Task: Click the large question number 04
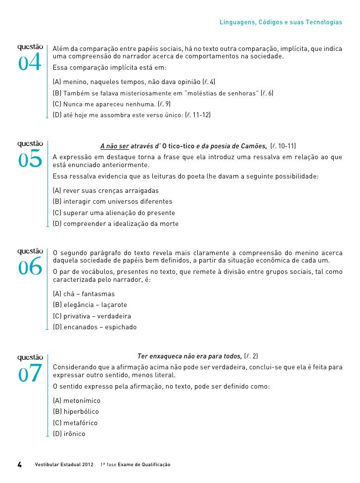pyautogui.click(x=30, y=63)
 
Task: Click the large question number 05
pyautogui.click(x=30, y=160)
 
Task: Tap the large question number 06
pyautogui.click(x=30, y=267)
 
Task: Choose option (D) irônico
pyautogui.click(x=69, y=434)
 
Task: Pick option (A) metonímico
pyautogui.click(x=77, y=400)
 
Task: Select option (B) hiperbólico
pyautogui.click(x=76, y=412)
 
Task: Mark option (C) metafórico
pyautogui.click(x=75, y=423)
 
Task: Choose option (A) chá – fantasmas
pyautogui.click(x=84, y=294)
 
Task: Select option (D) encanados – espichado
pyautogui.click(x=95, y=327)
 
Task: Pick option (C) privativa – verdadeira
pyautogui.click(x=92, y=316)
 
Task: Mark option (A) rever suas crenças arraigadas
pyautogui.click(x=106, y=190)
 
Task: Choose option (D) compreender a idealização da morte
pyautogui.click(x=116, y=224)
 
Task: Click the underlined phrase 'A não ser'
pyautogui.click(x=115, y=146)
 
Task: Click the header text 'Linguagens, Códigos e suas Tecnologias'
pyautogui.click(x=280, y=23)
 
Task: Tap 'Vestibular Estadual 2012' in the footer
pyautogui.click(x=63, y=465)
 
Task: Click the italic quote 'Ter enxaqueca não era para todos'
pyautogui.click(x=189, y=356)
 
